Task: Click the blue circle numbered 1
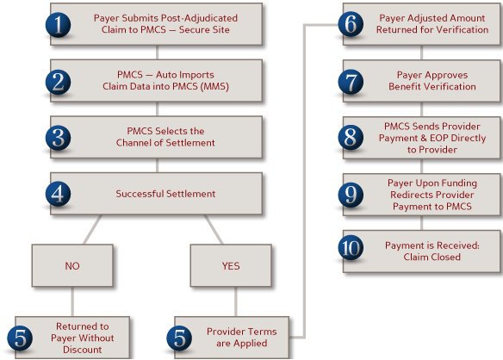coord(58,25)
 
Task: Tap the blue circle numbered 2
coord(58,82)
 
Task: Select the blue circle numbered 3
coord(58,138)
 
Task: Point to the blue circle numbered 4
coord(58,194)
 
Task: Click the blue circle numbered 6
coord(351,24)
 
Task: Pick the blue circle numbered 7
coord(351,82)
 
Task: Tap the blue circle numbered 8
coord(351,137)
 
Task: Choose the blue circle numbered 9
coord(351,195)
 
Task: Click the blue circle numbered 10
coord(351,248)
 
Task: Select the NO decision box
coord(72,265)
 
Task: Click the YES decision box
coord(231,265)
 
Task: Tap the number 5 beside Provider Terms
coord(179,338)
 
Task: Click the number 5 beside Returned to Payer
coord(20,338)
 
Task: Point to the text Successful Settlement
coord(165,194)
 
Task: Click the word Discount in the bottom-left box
coord(82,350)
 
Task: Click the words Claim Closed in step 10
coord(432,257)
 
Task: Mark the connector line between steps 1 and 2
coord(157,53)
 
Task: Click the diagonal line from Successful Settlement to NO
coord(93,229)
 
